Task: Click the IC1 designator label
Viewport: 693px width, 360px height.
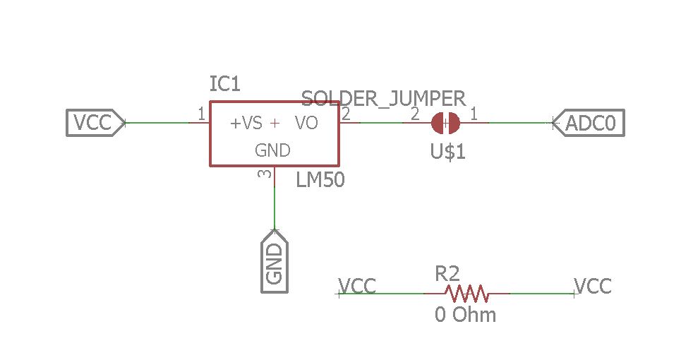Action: [x=225, y=85]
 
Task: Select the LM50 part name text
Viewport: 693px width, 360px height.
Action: [x=320, y=180]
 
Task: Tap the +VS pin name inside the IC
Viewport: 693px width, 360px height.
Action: [x=246, y=124]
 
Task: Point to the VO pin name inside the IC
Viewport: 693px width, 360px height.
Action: [x=306, y=124]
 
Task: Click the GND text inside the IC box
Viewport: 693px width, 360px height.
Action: [x=272, y=150]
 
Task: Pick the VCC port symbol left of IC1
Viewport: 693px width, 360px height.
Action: [x=95, y=123]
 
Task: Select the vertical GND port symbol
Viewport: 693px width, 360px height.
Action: [x=275, y=260]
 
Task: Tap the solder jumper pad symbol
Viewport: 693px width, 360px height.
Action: [x=445, y=123]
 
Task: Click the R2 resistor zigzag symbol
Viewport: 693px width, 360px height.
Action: [x=466, y=292]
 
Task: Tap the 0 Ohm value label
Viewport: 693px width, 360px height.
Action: [x=465, y=315]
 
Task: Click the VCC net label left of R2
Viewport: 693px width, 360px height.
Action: [x=357, y=286]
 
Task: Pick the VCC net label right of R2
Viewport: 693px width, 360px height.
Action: [x=593, y=286]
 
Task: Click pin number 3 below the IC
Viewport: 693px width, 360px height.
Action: [x=265, y=174]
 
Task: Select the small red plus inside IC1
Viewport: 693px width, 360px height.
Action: [x=275, y=124]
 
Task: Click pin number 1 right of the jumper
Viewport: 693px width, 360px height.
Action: [x=474, y=113]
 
